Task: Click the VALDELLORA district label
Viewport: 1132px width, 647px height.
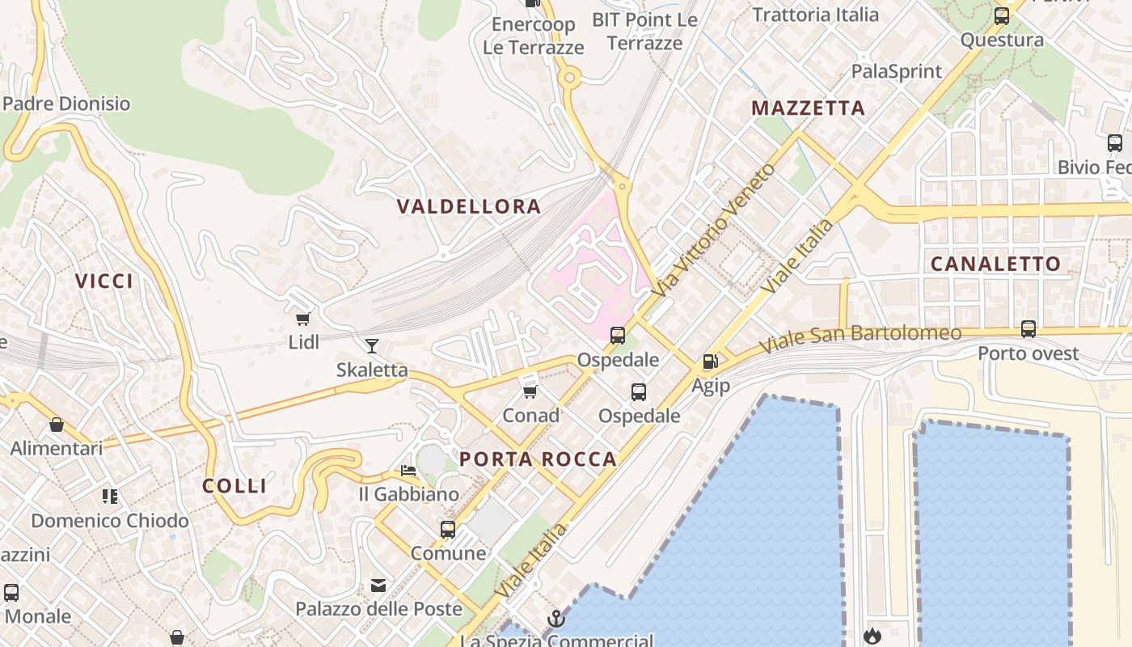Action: click(x=469, y=206)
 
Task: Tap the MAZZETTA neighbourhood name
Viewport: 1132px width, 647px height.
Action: click(x=808, y=108)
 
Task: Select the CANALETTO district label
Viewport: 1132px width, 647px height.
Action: click(x=995, y=264)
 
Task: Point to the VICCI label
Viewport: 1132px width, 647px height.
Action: click(x=104, y=281)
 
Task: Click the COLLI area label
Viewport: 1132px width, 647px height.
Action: click(x=234, y=485)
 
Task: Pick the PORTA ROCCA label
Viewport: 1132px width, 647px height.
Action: click(x=539, y=459)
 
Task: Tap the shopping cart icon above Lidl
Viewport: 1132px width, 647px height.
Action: click(x=303, y=319)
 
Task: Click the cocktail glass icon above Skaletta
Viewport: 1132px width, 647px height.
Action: click(x=372, y=346)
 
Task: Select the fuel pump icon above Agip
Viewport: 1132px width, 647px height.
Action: click(x=710, y=362)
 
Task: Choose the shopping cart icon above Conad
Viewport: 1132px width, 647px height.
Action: click(x=530, y=391)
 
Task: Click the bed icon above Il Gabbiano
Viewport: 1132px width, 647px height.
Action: click(x=408, y=471)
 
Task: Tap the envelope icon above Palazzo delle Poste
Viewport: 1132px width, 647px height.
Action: click(x=378, y=586)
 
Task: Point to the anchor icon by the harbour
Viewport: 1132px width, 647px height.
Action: click(x=555, y=619)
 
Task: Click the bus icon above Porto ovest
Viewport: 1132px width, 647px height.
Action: click(x=1029, y=329)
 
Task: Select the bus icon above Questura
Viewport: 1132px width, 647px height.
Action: click(x=1002, y=15)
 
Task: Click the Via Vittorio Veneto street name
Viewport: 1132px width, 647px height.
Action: click(x=716, y=229)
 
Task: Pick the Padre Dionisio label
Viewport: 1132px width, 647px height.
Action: click(x=66, y=104)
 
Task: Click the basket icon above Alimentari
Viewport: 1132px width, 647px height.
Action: click(x=57, y=425)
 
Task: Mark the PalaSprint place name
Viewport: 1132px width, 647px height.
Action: click(x=897, y=71)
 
